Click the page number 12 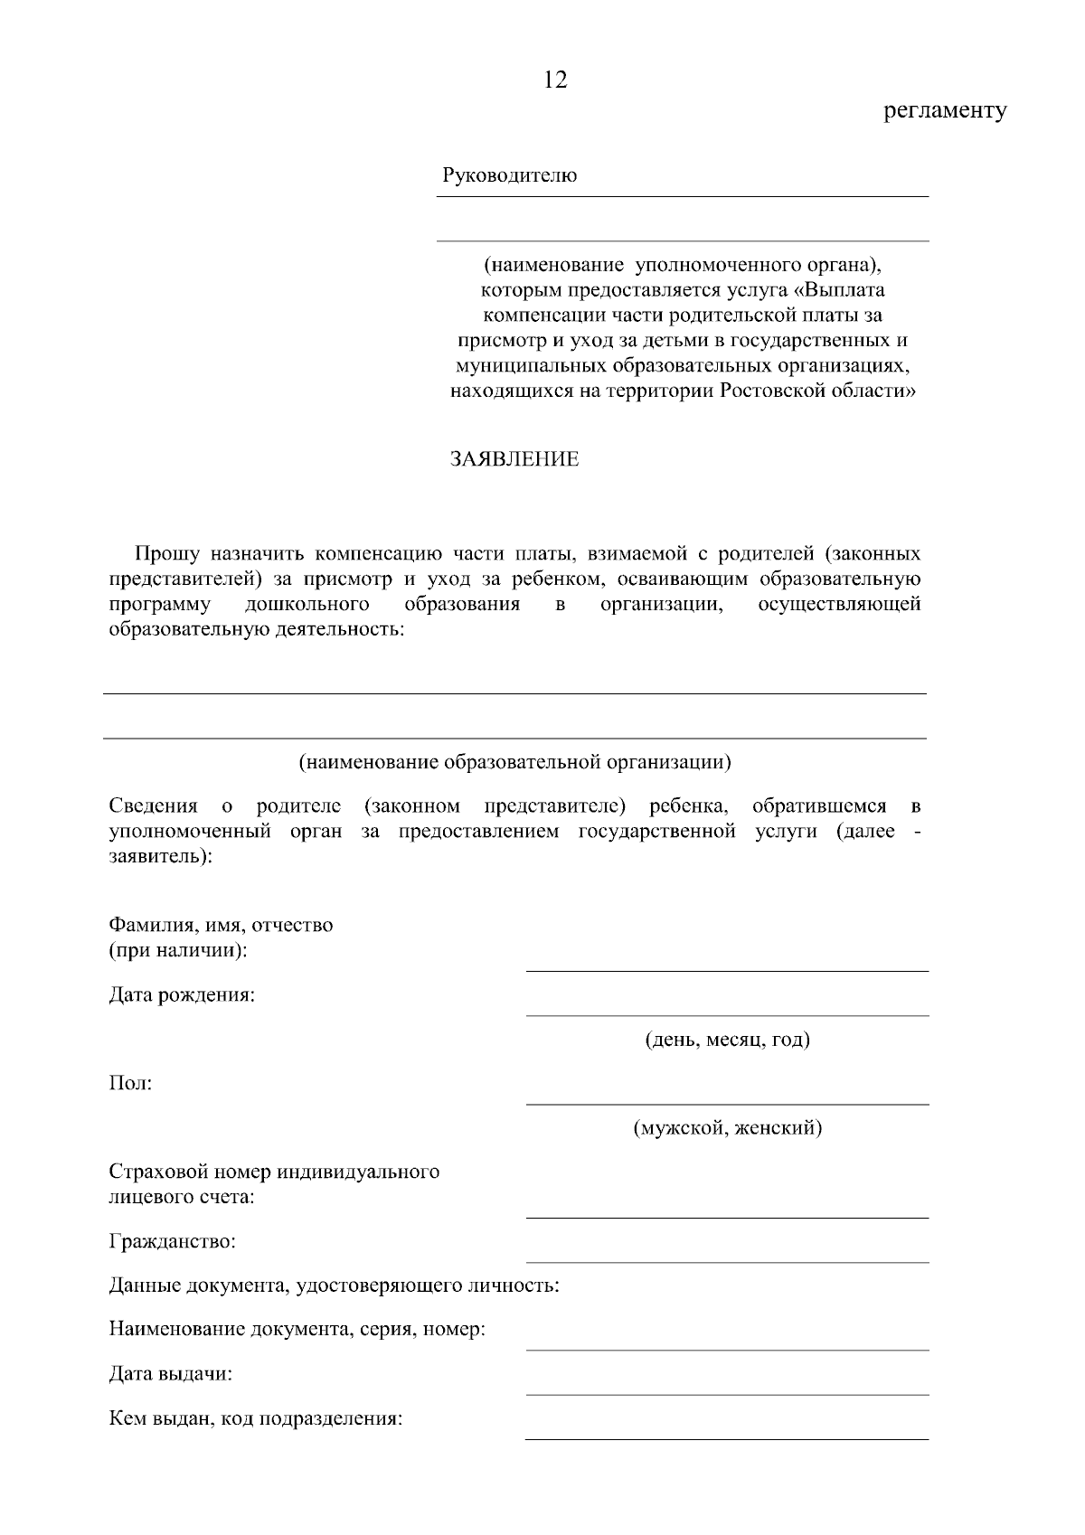pos(555,80)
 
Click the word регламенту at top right pos(944,111)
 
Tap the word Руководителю pos(509,175)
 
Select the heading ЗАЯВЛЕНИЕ pos(514,459)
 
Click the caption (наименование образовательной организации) pos(514,762)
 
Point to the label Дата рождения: pos(182,995)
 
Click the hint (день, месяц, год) pos(727,1040)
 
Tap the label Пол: pos(130,1083)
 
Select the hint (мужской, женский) pos(727,1128)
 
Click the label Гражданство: pos(172,1241)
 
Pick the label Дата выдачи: pos(170,1374)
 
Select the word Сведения pos(153,805)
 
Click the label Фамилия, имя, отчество pos(221,925)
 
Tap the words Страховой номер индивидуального pos(274,1172)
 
